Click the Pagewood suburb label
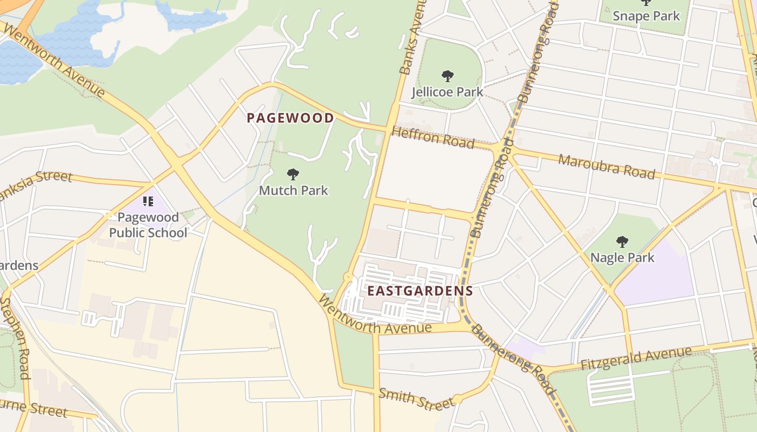tap(290, 118)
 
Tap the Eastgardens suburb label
tap(420, 291)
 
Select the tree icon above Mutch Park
tap(293, 174)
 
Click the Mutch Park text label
tap(293, 191)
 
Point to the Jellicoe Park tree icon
tap(447, 76)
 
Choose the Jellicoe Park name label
tap(447, 92)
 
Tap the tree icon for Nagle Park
tap(622, 241)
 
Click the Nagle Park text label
tap(622, 258)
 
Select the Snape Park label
tap(646, 16)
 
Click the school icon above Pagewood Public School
tap(148, 201)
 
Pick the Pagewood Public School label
tap(148, 225)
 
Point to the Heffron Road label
tap(433, 138)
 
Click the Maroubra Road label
tap(606, 166)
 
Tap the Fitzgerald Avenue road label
tap(636, 359)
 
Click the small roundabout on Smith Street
tap(457, 400)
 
